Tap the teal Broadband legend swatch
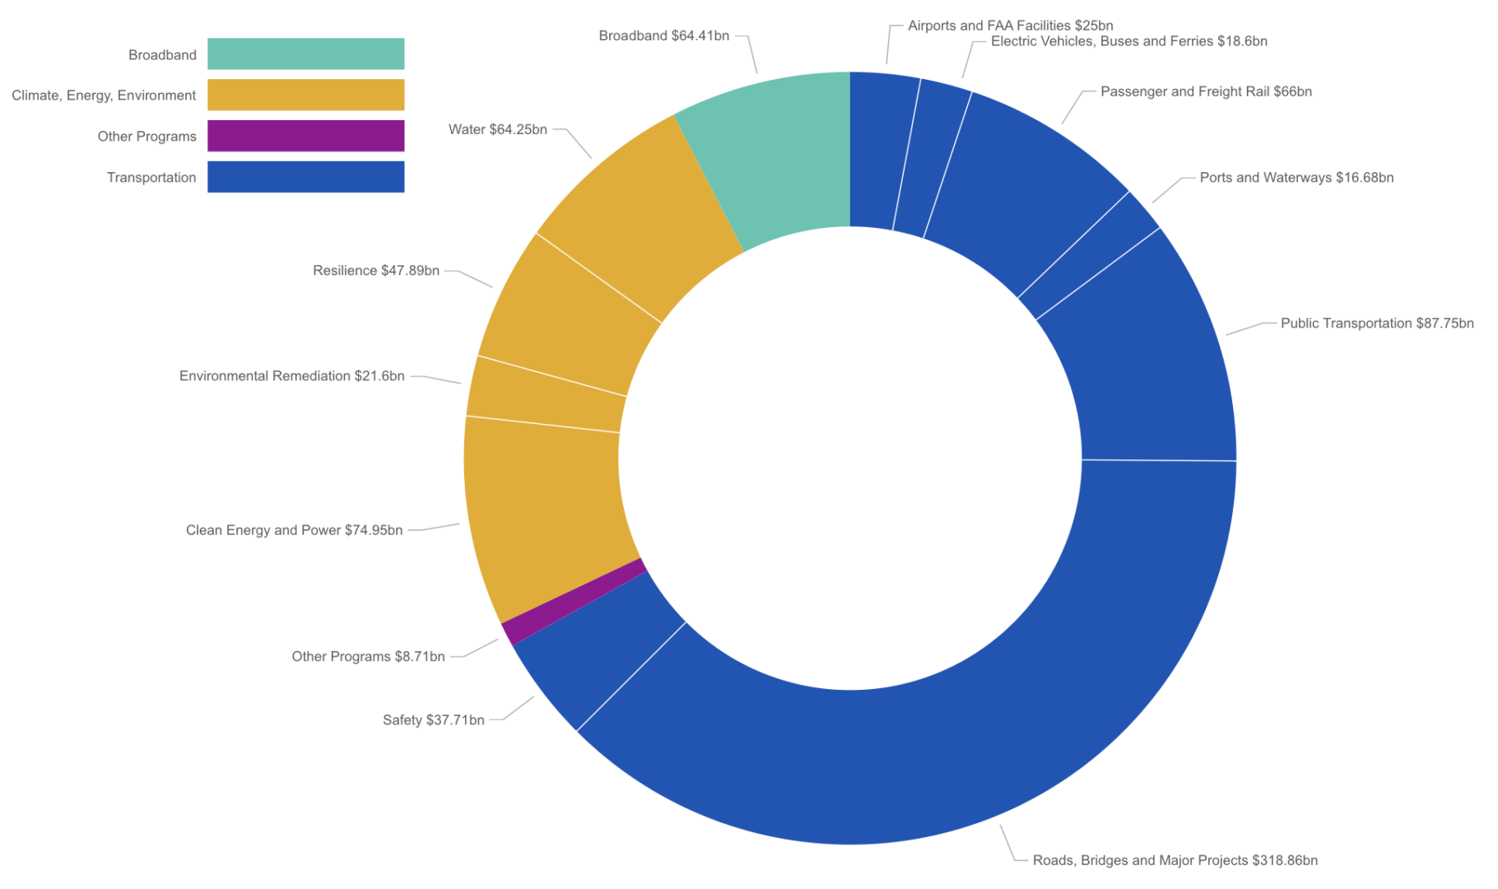click(305, 54)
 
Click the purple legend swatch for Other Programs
click(305, 136)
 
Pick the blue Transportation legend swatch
click(305, 177)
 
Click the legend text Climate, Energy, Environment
click(104, 95)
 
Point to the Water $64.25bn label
click(497, 129)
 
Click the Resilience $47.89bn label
click(375, 271)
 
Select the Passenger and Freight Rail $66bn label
click(1206, 91)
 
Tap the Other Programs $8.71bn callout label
click(368, 656)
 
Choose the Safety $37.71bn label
click(433, 720)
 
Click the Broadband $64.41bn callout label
click(663, 35)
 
